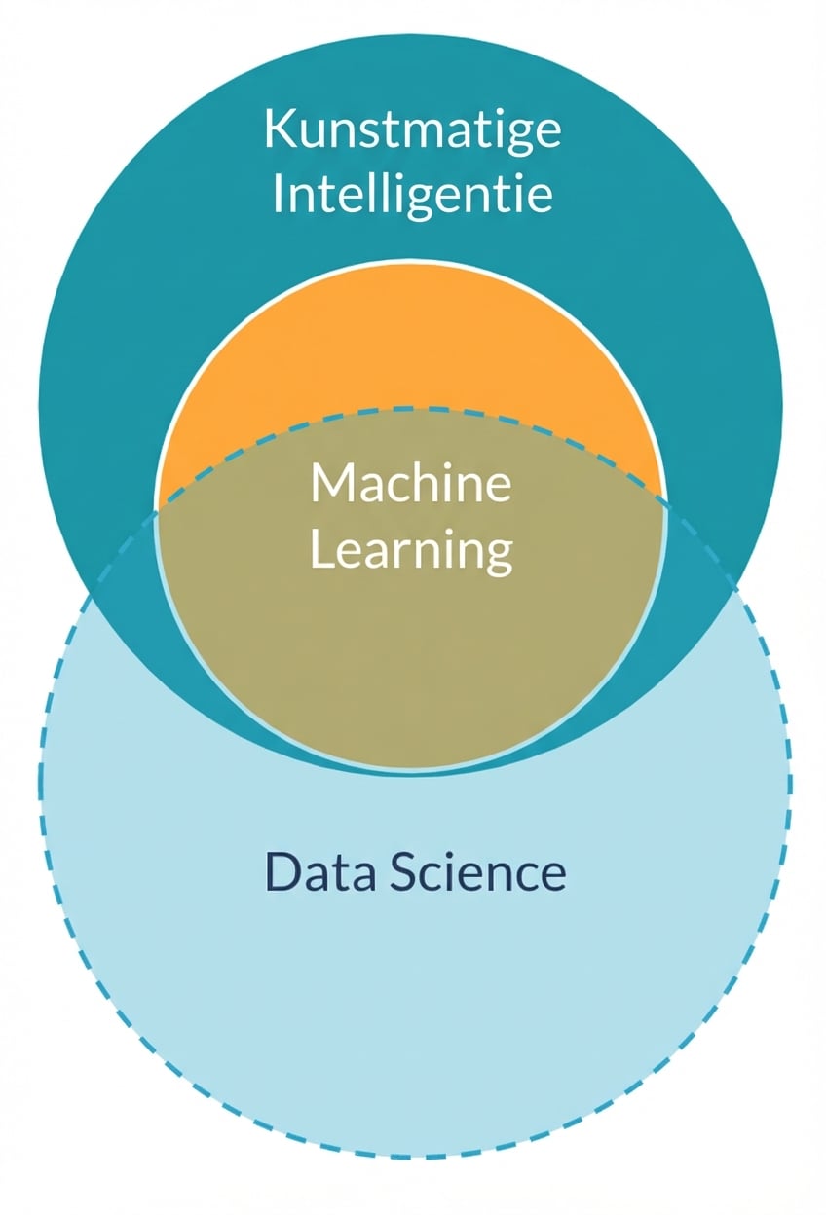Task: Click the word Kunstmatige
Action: click(x=413, y=129)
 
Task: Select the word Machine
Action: click(x=410, y=482)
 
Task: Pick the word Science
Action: click(x=477, y=872)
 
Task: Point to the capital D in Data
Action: click(x=282, y=872)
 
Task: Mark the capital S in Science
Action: click(x=405, y=872)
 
